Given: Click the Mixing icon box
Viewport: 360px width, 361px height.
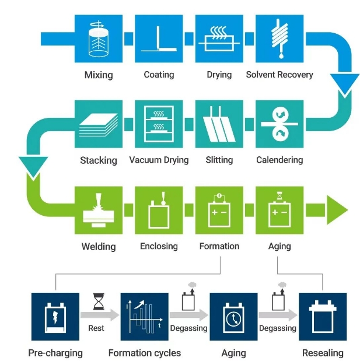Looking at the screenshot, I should (x=99, y=38).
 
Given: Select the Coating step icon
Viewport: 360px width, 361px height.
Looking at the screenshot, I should (x=159, y=38).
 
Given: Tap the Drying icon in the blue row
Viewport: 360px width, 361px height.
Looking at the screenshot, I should (x=219, y=38).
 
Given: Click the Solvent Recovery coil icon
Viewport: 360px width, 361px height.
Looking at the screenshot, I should (x=279, y=38).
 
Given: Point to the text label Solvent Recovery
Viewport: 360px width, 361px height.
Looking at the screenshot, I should (x=279, y=75).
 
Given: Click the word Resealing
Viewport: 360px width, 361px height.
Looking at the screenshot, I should (x=323, y=353).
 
